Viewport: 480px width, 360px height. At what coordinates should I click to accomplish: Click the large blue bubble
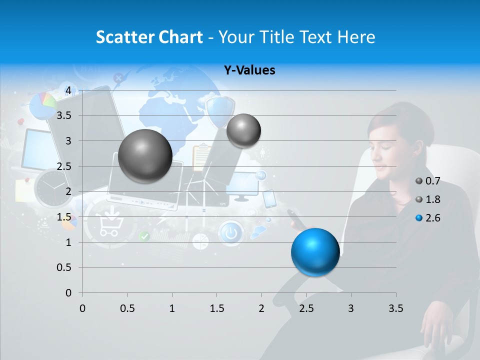point(315,252)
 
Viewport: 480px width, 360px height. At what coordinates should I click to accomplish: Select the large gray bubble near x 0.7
point(145,156)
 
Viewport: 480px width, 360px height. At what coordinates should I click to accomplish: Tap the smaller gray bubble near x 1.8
point(243,130)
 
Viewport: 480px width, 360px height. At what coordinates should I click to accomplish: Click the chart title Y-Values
point(249,70)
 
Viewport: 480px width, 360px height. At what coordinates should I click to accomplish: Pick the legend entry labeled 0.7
point(428,181)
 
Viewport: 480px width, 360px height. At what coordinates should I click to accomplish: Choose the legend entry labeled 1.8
point(428,199)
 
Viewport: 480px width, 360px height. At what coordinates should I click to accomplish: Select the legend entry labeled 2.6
point(428,218)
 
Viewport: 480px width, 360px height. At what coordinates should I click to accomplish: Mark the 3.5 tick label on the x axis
point(395,308)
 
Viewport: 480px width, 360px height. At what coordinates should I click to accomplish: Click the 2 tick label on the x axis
point(261,308)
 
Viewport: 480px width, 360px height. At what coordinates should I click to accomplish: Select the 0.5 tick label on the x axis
point(127,308)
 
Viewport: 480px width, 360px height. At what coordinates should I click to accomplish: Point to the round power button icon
point(230,233)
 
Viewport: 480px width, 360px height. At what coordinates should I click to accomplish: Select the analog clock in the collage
point(52,188)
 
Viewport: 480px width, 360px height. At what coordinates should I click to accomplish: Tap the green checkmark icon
point(144,236)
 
